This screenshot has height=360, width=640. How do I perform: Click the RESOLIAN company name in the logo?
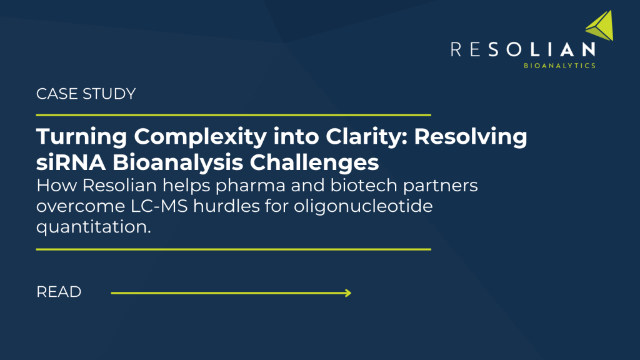click(522, 49)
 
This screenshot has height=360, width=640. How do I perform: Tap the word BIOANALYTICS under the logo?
click(560, 65)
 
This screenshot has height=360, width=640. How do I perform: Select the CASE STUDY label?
click(86, 94)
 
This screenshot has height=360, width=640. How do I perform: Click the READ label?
click(59, 292)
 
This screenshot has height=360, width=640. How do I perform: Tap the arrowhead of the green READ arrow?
click(347, 292)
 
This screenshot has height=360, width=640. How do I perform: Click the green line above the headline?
click(234, 115)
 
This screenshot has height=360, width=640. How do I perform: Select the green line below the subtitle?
click(234, 249)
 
